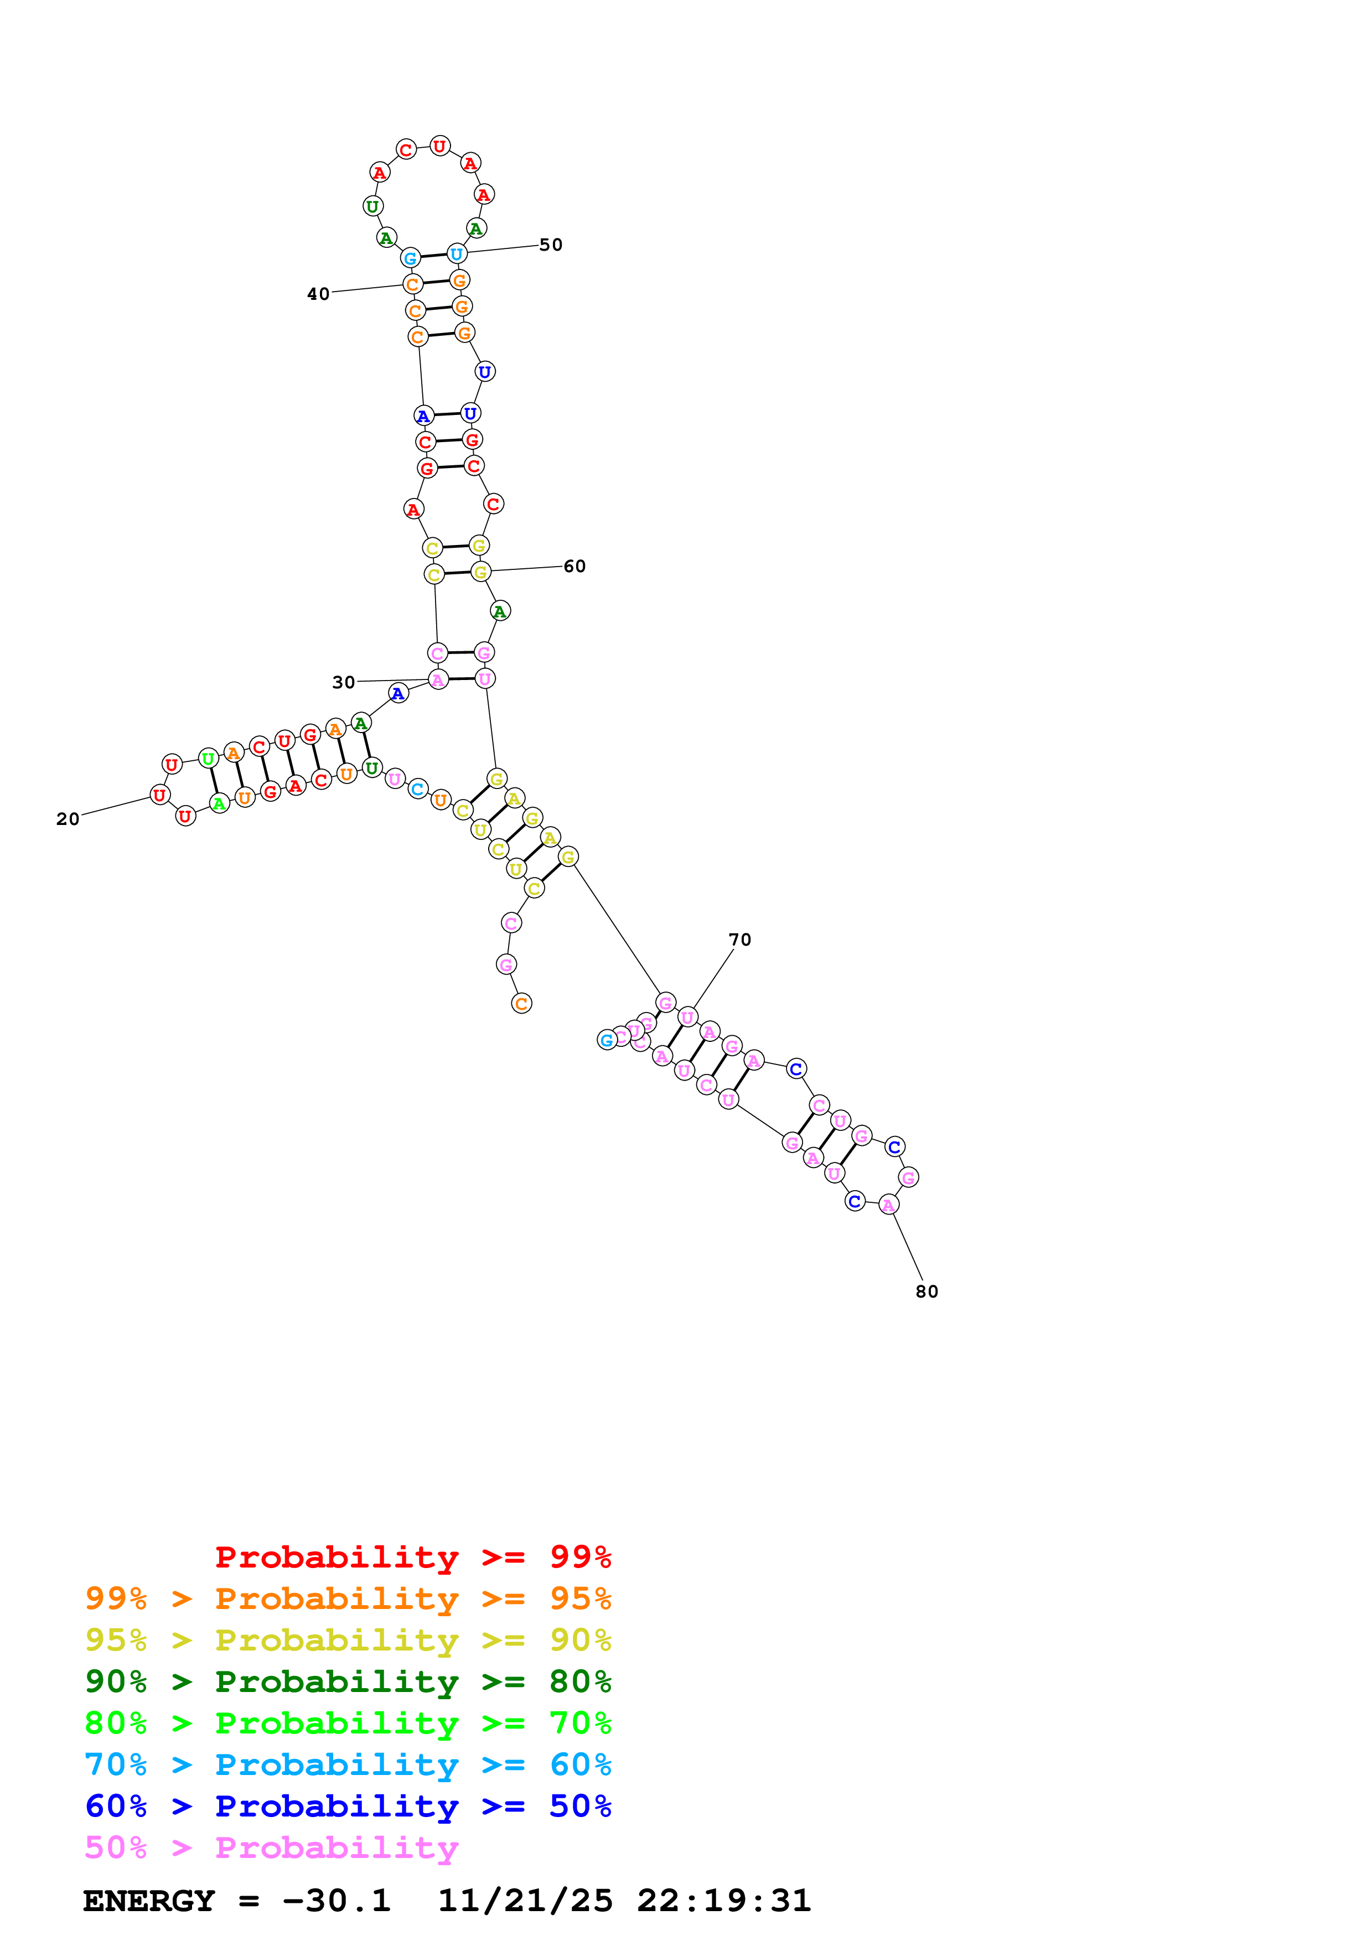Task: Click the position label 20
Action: click(x=68, y=818)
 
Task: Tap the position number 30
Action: click(x=343, y=682)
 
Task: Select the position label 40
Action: click(x=318, y=294)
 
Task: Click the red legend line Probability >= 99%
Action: click(x=412, y=1557)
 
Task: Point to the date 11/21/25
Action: click(x=525, y=1901)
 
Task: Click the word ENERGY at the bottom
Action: click(x=149, y=1901)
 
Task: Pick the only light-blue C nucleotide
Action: click(x=418, y=789)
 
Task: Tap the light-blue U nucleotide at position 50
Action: click(x=457, y=253)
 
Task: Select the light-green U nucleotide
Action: click(x=208, y=759)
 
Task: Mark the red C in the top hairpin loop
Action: click(x=406, y=149)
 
